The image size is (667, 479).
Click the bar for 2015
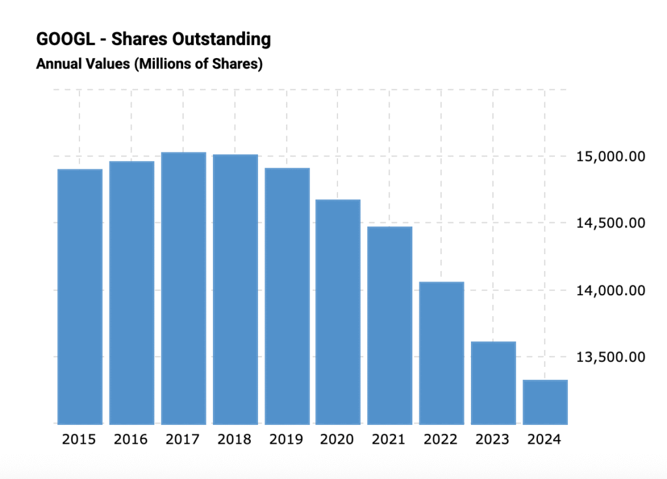[x=80, y=297]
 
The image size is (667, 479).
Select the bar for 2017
[x=183, y=288]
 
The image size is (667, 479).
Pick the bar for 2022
[x=442, y=353]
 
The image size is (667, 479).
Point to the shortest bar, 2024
[x=545, y=401]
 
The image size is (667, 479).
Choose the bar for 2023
[x=493, y=383]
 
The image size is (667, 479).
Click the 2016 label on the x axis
[x=131, y=439]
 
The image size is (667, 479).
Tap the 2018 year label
[x=234, y=439]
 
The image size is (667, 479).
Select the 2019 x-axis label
[x=286, y=439]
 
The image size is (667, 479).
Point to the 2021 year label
[x=390, y=439]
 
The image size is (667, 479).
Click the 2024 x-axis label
[x=545, y=439]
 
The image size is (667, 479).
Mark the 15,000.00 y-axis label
[x=610, y=156]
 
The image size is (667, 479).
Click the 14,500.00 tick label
[x=610, y=224]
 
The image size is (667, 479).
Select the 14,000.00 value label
[x=610, y=291]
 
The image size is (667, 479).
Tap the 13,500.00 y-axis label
[x=610, y=357]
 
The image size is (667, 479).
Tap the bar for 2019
[x=287, y=296]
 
